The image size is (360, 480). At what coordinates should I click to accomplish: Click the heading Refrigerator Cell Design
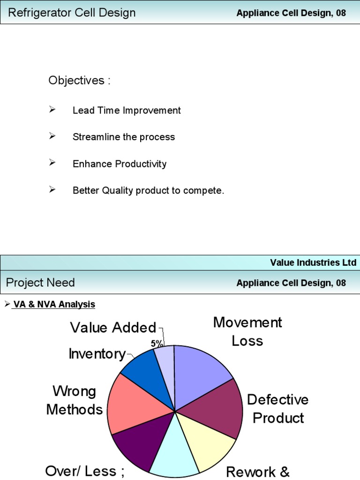72,13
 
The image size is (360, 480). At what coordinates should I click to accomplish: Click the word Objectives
79,81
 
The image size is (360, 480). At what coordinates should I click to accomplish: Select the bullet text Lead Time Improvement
127,111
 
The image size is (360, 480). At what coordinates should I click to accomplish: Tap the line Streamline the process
124,137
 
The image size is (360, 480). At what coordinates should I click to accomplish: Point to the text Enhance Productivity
120,164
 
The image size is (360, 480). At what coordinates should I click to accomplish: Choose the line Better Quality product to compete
149,191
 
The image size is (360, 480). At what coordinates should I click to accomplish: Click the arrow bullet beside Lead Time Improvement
52,110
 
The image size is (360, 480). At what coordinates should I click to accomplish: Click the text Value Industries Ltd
313,262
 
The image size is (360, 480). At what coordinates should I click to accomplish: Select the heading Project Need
40,283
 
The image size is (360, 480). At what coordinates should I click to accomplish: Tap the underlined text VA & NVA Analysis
54,305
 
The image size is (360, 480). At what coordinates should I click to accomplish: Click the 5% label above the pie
157,344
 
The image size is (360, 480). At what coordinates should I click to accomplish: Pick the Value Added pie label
113,328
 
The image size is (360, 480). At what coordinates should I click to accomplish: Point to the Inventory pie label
97,354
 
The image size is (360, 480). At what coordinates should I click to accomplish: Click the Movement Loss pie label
247,331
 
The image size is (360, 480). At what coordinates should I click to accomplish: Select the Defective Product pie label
278,409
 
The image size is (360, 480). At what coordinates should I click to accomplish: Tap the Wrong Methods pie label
74,400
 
